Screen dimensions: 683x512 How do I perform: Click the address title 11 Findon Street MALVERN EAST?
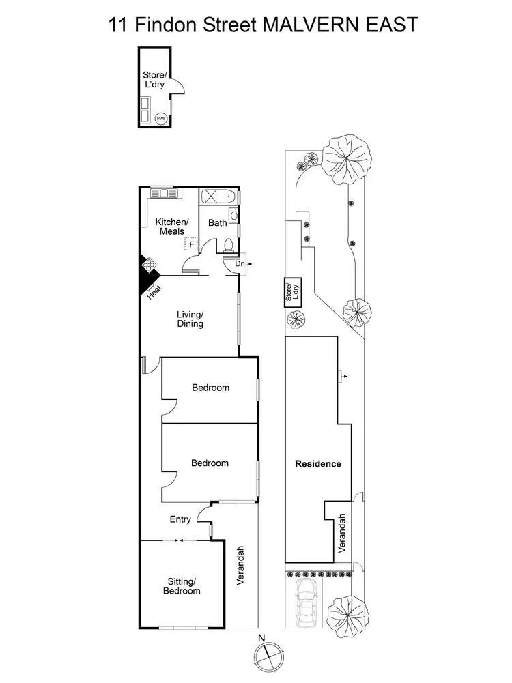pos(263,25)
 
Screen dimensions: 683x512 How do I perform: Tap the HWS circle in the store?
pos(161,118)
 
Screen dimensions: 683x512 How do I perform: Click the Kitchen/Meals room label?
pos(171,227)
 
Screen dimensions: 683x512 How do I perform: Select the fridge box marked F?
pos(192,244)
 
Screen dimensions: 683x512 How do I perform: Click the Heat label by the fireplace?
pos(155,291)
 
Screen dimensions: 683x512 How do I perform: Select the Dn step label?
pos(239,263)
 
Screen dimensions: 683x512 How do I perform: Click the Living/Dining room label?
pos(190,319)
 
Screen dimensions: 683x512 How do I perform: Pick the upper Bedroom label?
pos(210,388)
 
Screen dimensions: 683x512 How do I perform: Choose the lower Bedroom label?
pos(210,463)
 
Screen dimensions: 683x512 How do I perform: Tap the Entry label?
pos(180,520)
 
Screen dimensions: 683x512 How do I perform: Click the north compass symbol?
pos(266,653)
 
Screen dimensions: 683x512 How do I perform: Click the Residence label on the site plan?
pos(318,464)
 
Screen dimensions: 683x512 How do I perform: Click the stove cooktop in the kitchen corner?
pos(148,264)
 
